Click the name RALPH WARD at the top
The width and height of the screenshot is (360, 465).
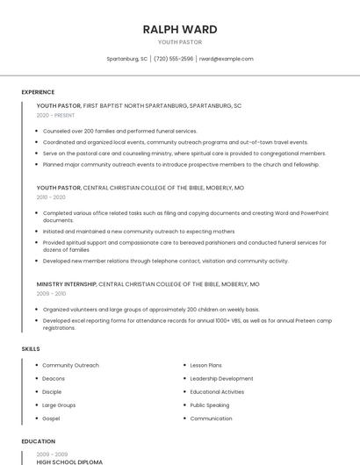coord(180,29)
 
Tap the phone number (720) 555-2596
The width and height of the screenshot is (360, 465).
coord(174,59)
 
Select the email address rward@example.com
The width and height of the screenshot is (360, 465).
coord(226,59)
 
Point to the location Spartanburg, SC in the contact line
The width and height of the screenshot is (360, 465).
coord(126,59)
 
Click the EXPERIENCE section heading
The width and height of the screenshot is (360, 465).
coord(38,92)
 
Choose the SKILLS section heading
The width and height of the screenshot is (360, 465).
coord(31,349)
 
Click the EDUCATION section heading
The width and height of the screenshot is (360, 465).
coord(38,441)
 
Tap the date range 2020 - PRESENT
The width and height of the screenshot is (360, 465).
coord(56,116)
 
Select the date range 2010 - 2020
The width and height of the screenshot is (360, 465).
coord(51,197)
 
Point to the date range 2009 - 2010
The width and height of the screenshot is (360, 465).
coord(51,294)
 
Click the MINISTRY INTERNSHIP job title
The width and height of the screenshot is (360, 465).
coord(67,284)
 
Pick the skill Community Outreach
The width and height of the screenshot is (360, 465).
coord(70,365)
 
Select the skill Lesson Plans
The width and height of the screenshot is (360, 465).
coord(205,365)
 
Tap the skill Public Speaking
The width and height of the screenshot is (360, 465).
coord(209,405)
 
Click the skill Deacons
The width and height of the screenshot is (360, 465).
coord(54,378)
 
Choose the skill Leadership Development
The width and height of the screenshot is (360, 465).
coord(221,378)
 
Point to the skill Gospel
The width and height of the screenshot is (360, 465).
coord(52,418)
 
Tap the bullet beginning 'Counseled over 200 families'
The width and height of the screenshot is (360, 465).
coord(120,131)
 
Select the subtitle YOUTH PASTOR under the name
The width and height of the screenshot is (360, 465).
coord(180,42)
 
